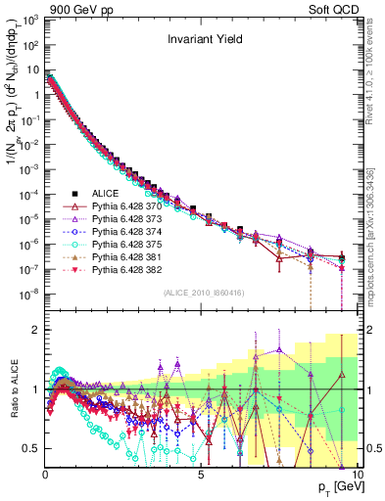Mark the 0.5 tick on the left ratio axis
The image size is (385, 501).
(x=33, y=448)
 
